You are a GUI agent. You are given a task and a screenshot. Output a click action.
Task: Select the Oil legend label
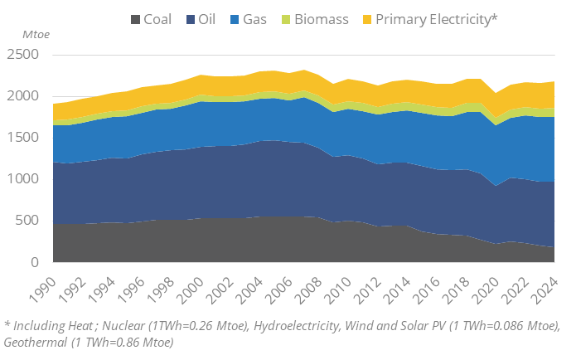click(x=206, y=19)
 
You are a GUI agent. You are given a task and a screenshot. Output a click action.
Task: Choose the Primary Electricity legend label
click(x=436, y=19)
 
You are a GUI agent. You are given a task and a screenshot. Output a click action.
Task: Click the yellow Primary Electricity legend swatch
click(x=365, y=19)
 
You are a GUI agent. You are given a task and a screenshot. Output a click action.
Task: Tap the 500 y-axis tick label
click(x=31, y=221)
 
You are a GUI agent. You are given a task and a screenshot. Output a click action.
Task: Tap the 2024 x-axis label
click(x=543, y=286)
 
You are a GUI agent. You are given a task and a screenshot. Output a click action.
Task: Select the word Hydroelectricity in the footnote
click(x=310, y=324)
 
